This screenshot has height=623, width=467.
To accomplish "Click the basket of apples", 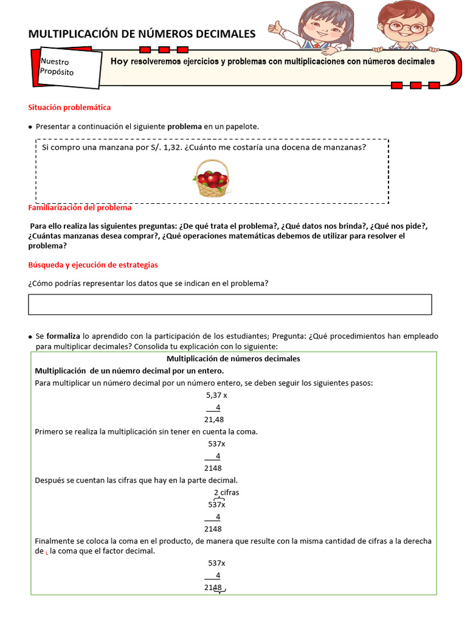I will (x=211, y=179).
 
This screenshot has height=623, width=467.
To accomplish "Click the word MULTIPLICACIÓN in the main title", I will (x=74, y=34).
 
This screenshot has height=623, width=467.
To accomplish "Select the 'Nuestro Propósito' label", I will (x=57, y=67).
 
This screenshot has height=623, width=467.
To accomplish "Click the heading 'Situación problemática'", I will (x=69, y=107).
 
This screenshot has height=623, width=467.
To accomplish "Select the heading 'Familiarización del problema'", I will (x=80, y=207).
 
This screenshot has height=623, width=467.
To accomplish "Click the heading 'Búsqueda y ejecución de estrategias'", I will (x=93, y=265).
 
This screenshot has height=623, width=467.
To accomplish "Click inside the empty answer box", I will (x=230, y=304).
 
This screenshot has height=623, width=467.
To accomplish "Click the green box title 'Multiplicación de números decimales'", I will (x=233, y=359).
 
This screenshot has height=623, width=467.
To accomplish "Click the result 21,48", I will (x=213, y=420).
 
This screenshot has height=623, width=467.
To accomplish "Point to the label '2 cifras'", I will (x=226, y=493).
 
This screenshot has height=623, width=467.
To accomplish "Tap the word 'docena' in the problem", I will (x=294, y=147).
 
